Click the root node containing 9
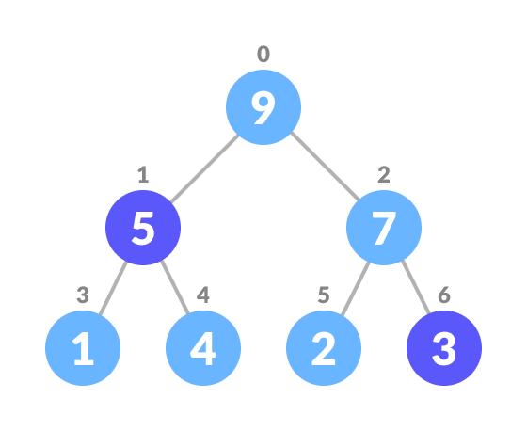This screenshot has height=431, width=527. pos(263,107)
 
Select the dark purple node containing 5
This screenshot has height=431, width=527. pos(143,228)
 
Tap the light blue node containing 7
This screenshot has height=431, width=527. pos(384,228)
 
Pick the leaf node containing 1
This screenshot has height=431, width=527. pos(83,348)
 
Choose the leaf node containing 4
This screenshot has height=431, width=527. pos(203,348)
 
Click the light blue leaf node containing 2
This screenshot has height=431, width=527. pos(324,348)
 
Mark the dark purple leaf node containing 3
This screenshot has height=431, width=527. pos(444,348)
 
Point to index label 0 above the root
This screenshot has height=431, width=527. pos(263,55)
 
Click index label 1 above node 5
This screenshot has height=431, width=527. pos(143,175)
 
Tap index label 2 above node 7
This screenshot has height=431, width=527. pos(384,175)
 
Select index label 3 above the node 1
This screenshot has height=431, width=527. pos(83,295)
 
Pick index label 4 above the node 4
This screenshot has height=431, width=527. pos(203,295)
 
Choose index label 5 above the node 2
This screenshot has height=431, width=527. pos(324,295)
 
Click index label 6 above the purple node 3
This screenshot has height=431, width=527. pos(444,295)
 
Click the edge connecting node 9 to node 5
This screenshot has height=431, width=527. pos(203,168)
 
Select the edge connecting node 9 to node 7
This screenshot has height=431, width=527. pos(325,168)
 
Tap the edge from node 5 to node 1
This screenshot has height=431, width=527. pos(113,288)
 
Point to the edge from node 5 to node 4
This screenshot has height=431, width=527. pos(173,288)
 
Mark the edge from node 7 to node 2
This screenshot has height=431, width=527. pos(354,288)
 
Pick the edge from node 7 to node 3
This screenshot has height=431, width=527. pos(414,288)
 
